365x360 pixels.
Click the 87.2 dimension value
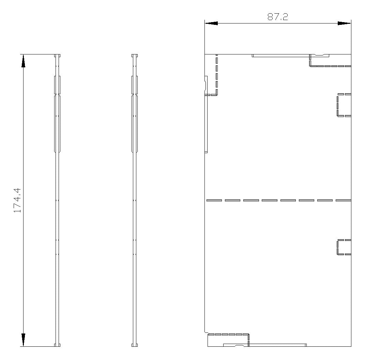[x=277, y=17]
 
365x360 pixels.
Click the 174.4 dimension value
[x=17, y=200]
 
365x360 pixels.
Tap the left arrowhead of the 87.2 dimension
[x=211, y=23]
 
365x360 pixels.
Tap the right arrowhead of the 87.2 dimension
[x=344, y=23]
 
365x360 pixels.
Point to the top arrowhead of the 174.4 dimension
[x=23, y=61]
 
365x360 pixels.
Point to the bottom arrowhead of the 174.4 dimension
[x=23, y=340]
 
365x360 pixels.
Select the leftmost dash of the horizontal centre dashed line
[x=214, y=200]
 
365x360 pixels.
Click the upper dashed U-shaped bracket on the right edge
[x=337, y=105]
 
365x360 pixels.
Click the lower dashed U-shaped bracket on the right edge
[x=337, y=247]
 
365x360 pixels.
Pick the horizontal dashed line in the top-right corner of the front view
[x=331, y=66]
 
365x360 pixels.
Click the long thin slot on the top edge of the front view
[x=280, y=56]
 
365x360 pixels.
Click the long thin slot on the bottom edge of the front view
[x=277, y=345]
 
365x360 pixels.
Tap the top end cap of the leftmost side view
[x=57, y=55]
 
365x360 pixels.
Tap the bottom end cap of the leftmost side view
[x=57, y=345]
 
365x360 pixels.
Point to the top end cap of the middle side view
[x=135, y=55]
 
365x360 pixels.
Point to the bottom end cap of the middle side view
[x=135, y=345]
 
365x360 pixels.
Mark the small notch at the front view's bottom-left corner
[x=206, y=333]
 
